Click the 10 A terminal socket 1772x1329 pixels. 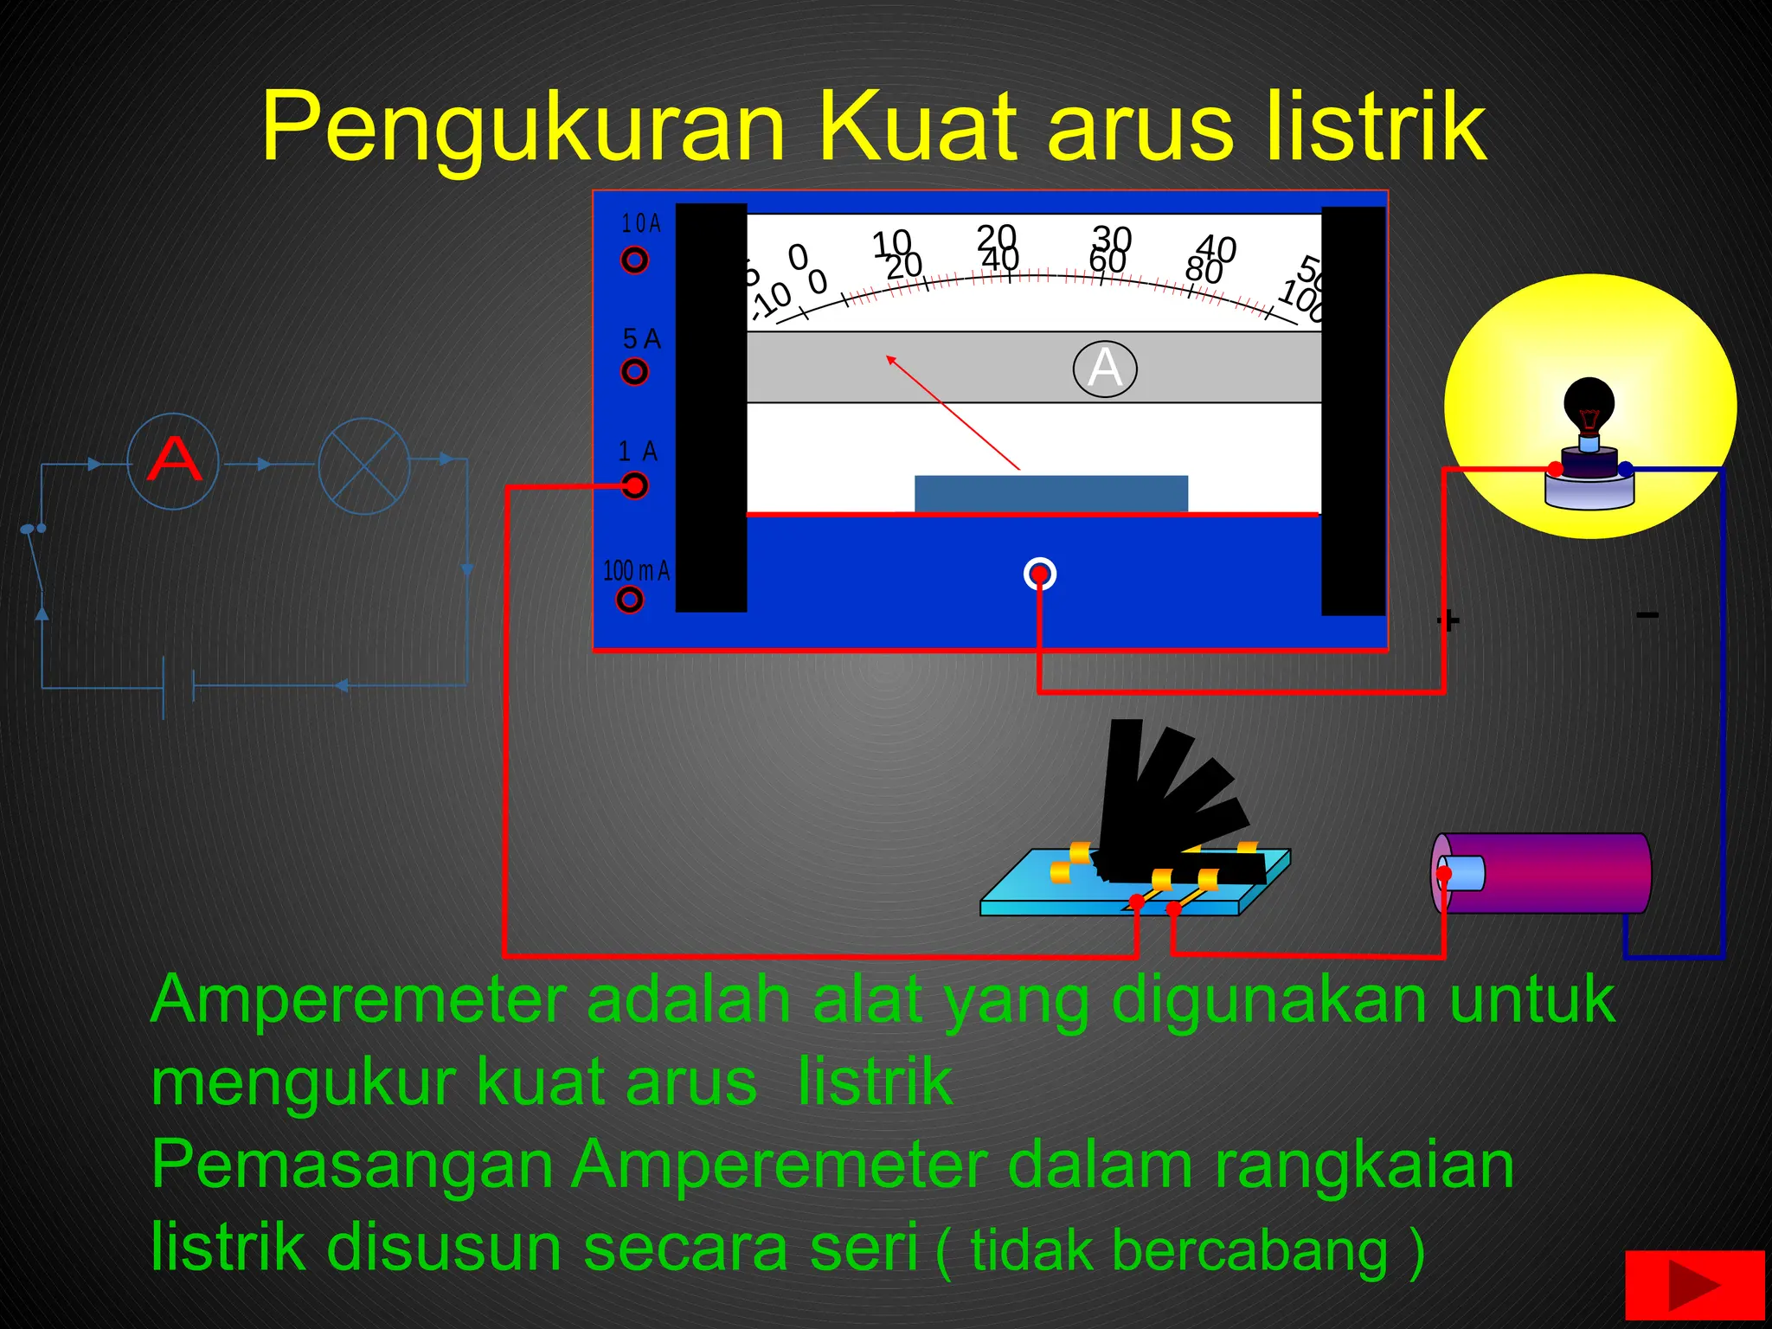pyautogui.click(x=634, y=260)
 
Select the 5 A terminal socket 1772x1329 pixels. pyautogui.click(x=634, y=372)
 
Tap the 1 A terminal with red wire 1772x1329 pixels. pyautogui.click(x=635, y=486)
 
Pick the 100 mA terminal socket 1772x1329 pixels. pyautogui.click(x=630, y=600)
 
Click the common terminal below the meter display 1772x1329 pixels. pyautogui.click(x=1039, y=574)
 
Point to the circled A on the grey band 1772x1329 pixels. pyautogui.click(x=1105, y=369)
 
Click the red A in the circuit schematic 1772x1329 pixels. pyautogui.click(x=174, y=460)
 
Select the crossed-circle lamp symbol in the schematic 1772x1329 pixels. pyautogui.click(x=363, y=465)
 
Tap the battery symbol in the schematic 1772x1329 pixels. pyautogui.click(x=178, y=687)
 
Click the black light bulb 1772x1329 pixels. pyautogui.click(x=1589, y=407)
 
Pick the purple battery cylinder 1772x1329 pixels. pyautogui.click(x=1542, y=873)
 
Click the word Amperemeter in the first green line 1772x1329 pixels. pyautogui.click(x=358, y=1000)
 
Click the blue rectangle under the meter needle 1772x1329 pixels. pyautogui.click(x=1050, y=493)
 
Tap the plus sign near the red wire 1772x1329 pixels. pyautogui.click(x=1448, y=620)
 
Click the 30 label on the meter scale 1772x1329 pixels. pyautogui.click(x=1112, y=238)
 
